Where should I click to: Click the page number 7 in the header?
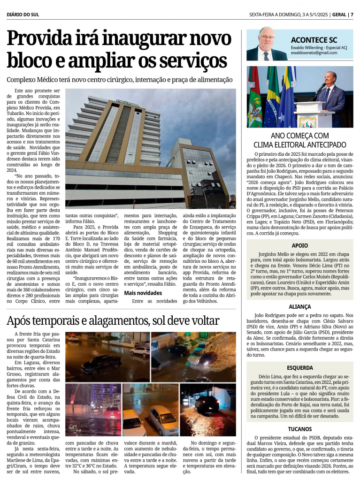coord(352,14)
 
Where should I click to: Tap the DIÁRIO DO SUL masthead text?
coord(23,15)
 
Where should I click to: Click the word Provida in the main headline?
coord(38,39)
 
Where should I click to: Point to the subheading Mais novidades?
coord(143,293)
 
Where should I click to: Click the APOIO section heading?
coord(300,245)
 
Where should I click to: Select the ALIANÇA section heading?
coord(300,306)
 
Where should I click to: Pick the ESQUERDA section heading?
coord(300,368)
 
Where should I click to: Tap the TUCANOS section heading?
coord(300,429)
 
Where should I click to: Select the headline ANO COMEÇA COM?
coord(300,136)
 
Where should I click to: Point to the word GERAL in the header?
coord(338,14)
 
